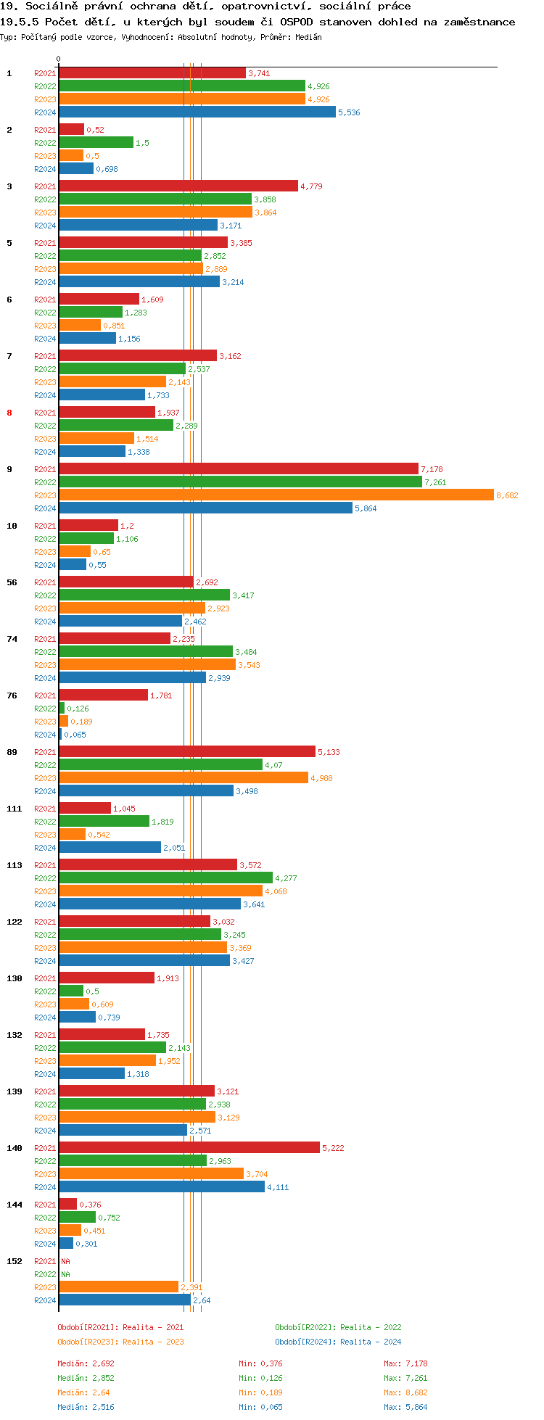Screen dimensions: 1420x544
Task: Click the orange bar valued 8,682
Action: pos(276,495)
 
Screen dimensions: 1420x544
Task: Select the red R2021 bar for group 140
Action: pos(189,1148)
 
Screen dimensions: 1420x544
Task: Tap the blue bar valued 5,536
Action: pos(197,112)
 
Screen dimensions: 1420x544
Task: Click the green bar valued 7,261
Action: pos(240,482)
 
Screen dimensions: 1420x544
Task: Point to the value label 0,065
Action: pos(75,735)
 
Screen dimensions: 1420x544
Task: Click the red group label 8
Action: pos(9,413)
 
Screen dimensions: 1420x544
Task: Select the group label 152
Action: pos(15,1261)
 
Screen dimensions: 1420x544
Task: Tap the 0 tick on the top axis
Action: pos(59,59)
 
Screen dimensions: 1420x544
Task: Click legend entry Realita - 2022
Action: pos(338,1327)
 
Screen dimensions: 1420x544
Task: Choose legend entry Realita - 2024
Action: pos(338,1342)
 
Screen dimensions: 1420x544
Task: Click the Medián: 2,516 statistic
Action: pos(86,1407)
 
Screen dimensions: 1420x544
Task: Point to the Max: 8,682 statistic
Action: pos(405,1392)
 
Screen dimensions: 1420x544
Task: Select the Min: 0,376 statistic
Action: pos(260,1363)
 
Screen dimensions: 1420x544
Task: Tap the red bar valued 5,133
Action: pos(187,752)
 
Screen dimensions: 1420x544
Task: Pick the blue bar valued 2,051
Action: pos(110,848)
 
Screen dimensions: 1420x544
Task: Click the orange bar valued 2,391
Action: pos(119,1287)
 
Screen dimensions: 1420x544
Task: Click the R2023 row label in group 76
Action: pos(45,722)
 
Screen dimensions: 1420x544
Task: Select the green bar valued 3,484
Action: pos(146,652)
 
